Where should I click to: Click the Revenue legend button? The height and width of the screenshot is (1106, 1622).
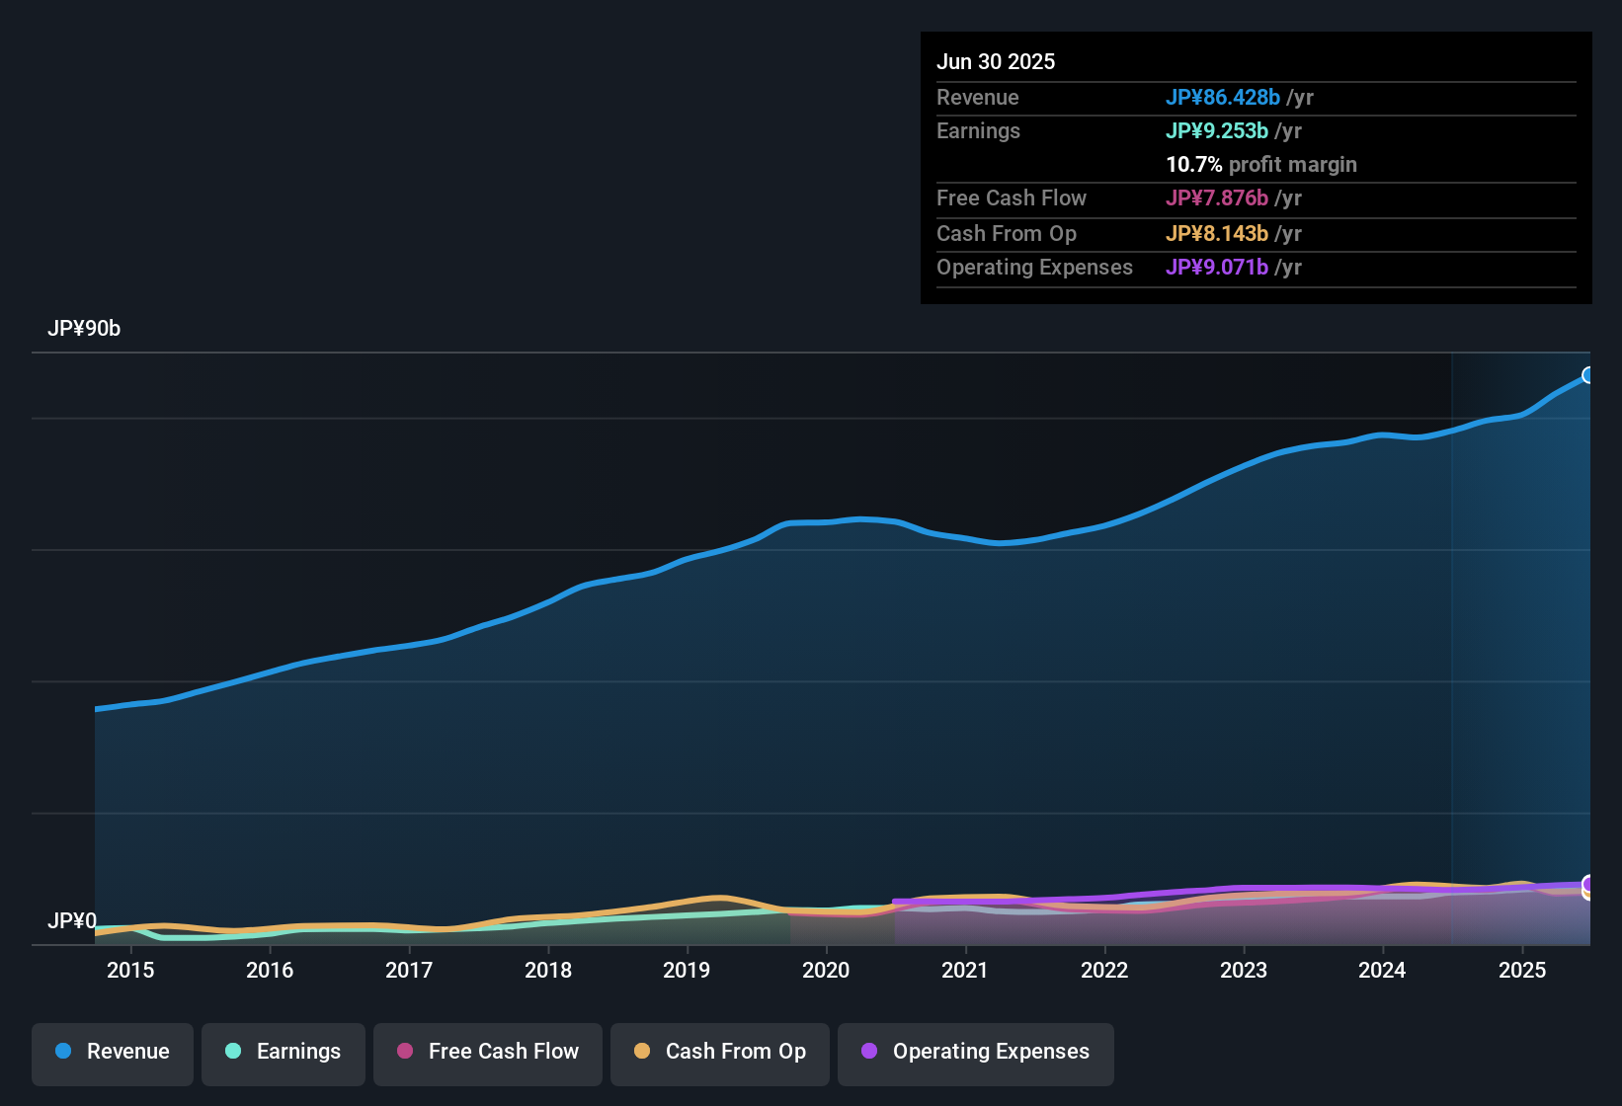(x=113, y=1052)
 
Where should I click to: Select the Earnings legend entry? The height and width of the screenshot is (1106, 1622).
(x=284, y=1052)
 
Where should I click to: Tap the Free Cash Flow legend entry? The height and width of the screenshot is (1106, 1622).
(x=488, y=1052)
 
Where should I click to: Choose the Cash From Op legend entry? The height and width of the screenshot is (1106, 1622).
(x=720, y=1052)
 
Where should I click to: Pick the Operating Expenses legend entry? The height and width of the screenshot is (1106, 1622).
(x=976, y=1052)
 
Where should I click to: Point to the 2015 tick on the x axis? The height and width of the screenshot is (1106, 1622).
(x=130, y=970)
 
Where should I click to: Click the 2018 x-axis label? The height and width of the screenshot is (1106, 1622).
(x=548, y=970)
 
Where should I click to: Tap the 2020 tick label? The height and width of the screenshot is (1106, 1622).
(x=826, y=970)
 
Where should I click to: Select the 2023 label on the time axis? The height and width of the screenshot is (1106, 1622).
(x=1244, y=970)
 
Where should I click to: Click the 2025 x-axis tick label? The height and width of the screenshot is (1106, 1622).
(x=1522, y=970)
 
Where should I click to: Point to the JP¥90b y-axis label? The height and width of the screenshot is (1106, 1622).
(x=84, y=329)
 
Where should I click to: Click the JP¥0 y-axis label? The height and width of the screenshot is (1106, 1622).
(x=72, y=921)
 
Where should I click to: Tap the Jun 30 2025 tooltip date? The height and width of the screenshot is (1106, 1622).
(x=996, y=62)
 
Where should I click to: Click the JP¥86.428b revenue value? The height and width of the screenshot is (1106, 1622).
(x=1223, y=98)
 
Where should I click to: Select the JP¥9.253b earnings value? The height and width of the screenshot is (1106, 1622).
(x=1217, y=131)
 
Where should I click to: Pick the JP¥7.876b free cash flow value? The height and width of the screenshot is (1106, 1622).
(x=1217, y=198)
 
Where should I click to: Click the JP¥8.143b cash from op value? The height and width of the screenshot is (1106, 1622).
(x=1217, y=234)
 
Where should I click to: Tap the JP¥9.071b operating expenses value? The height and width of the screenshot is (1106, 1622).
(x=1217, y=268)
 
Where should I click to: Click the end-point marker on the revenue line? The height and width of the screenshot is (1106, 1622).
(x=1588, y=375)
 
